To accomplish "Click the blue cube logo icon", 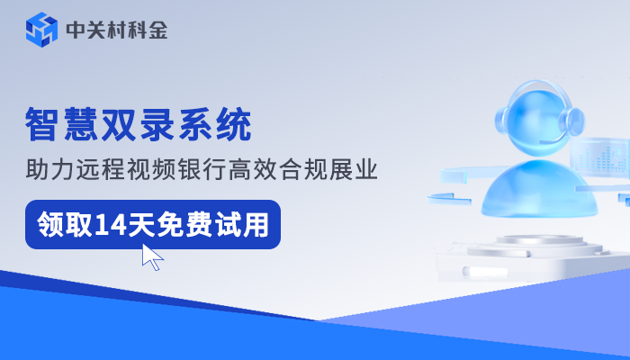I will tap(41, 30).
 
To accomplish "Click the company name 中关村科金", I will tap(117, 31).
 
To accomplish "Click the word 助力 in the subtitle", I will tap(49, 168).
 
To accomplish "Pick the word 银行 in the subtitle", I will tap(212, 168).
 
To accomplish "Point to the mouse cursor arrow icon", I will tap(152, 256).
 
